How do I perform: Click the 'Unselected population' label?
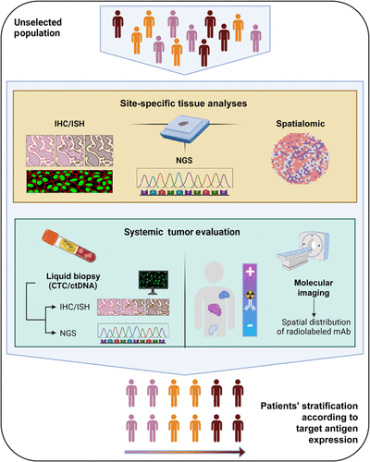click(x=38, y=28)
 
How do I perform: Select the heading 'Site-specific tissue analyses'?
click(x=183, y=103)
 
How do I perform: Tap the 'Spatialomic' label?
click(x=301, y=124)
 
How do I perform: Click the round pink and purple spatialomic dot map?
click(x=300, y=158)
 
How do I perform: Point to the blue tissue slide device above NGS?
click(x=185, y=129)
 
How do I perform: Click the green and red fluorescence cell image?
click(x=69, y=181)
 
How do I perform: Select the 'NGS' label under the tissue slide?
click(x=184, y=160)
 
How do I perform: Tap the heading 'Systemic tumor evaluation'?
click(x=182, y=232)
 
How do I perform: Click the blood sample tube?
click(x=68, y=246)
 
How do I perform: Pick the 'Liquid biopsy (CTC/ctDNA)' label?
click(x=73, y=281)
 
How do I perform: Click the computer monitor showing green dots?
click(x=154, y=282)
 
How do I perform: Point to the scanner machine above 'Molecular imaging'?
click(x=303, y=251)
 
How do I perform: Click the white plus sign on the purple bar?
click(x=250, y=272)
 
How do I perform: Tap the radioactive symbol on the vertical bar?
click(x=250, y=295)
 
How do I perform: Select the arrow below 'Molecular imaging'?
click(x=314, y=308)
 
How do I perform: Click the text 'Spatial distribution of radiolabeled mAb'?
click(x=314, y=326)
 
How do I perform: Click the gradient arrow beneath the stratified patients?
click(x=185, y=452)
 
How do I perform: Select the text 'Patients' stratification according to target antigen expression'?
click(x=309, y=422)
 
